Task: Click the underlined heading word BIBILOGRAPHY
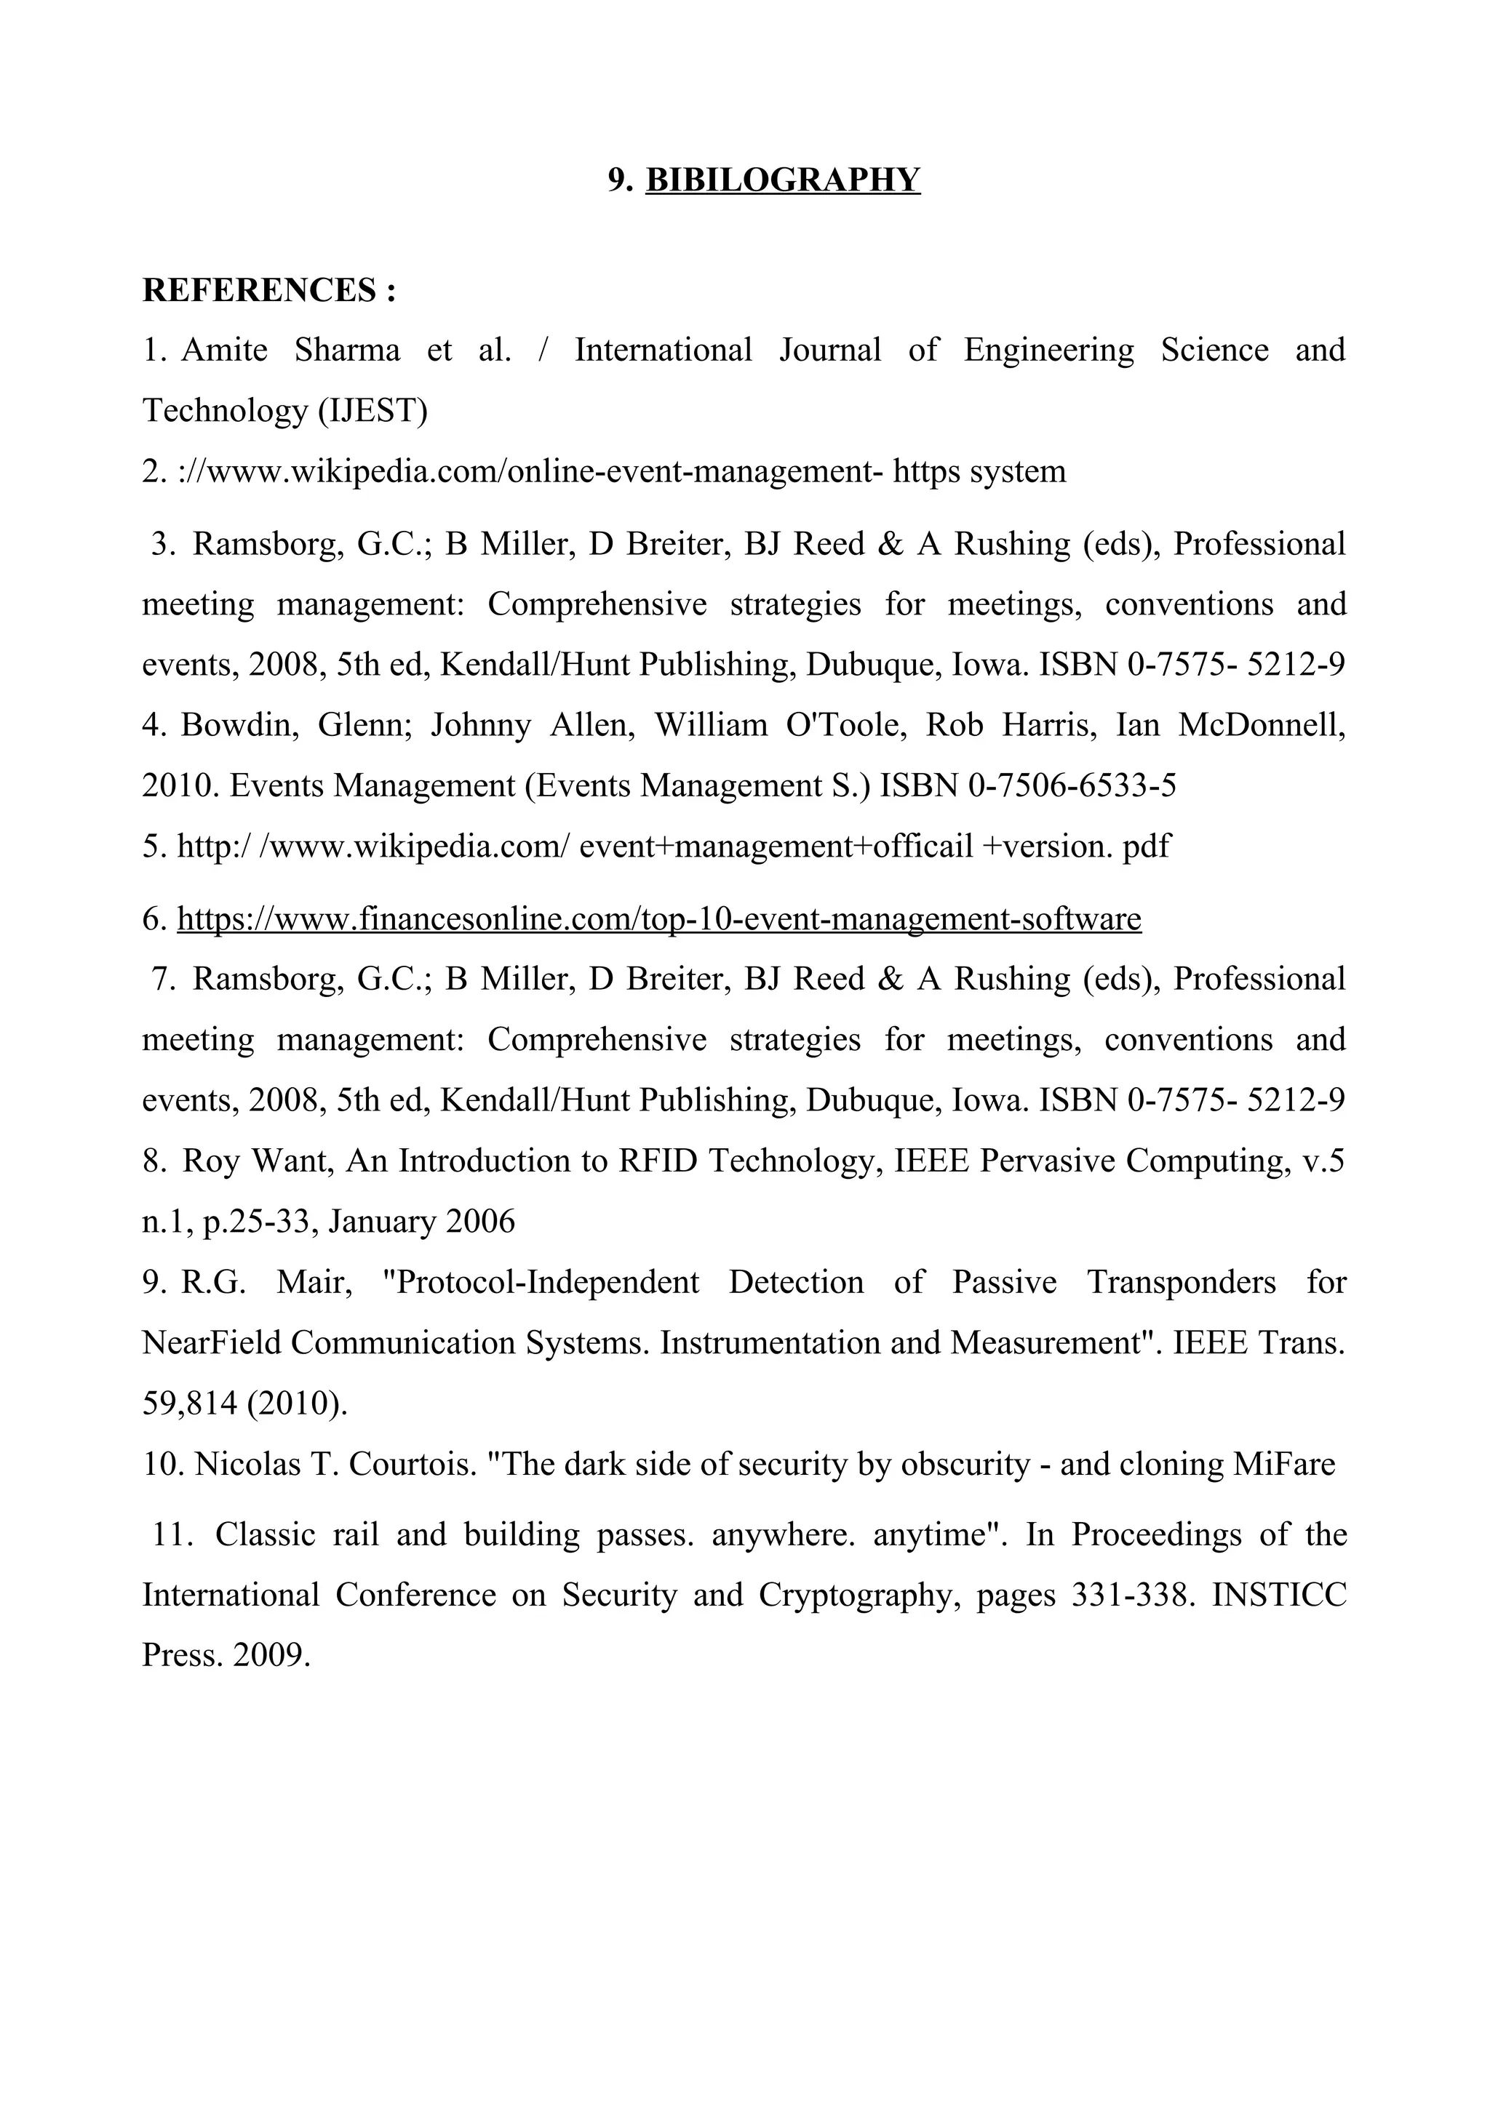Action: (783, 180)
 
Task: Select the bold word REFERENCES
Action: (260, 291)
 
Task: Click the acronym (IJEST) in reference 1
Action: (372, 411)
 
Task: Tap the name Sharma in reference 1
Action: (347, 351)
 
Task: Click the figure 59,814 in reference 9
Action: (190, 1404)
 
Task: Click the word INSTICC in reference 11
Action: (1279, 1595)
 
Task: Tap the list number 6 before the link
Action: (152, 918)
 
